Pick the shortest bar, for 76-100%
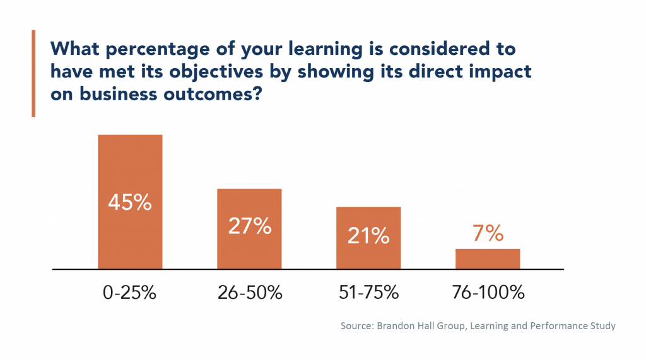[x=488, y=259]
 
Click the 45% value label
[x=130, y=202]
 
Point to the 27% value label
[x=250, y=226]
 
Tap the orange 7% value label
[x=488, y=234]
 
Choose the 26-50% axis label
[x=250, y=293]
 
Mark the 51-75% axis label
[x=368, y=293]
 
